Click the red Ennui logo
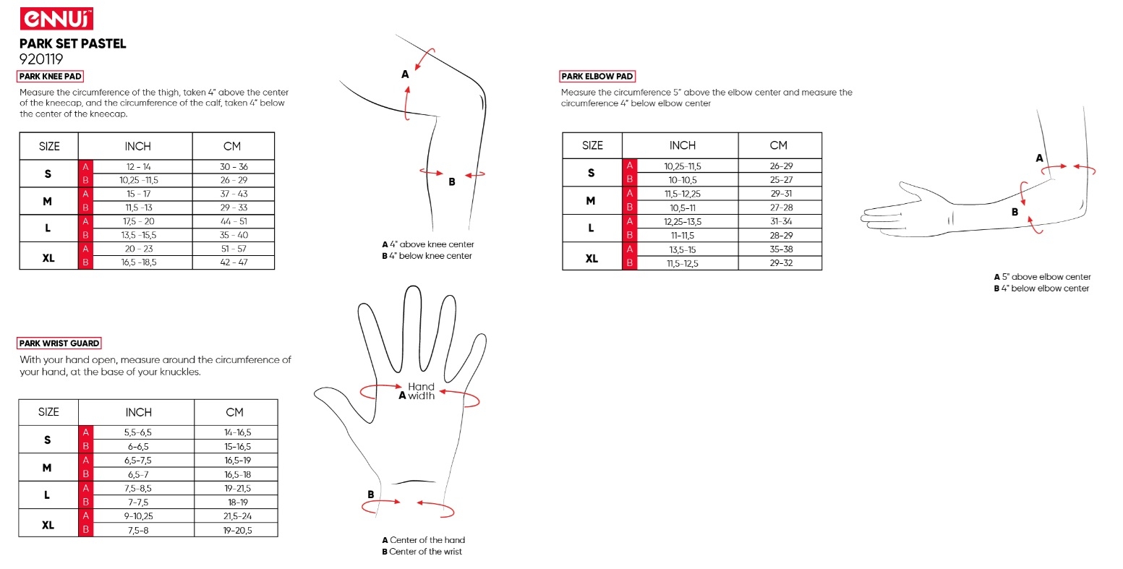56,19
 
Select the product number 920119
41,59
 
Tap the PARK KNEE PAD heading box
50,76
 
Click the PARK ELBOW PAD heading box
597,76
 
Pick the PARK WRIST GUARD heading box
59,343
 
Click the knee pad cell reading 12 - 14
138,167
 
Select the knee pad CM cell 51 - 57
234,249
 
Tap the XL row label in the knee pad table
48,258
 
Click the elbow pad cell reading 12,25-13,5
683,221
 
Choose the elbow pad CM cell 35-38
781,249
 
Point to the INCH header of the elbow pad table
683,145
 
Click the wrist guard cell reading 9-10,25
138,516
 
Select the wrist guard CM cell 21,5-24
238,516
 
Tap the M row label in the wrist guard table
47,468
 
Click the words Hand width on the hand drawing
421,391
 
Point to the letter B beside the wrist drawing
370,495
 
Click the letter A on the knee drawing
405,74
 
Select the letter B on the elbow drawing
1015,212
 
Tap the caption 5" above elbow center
1046,277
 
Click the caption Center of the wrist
426,552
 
